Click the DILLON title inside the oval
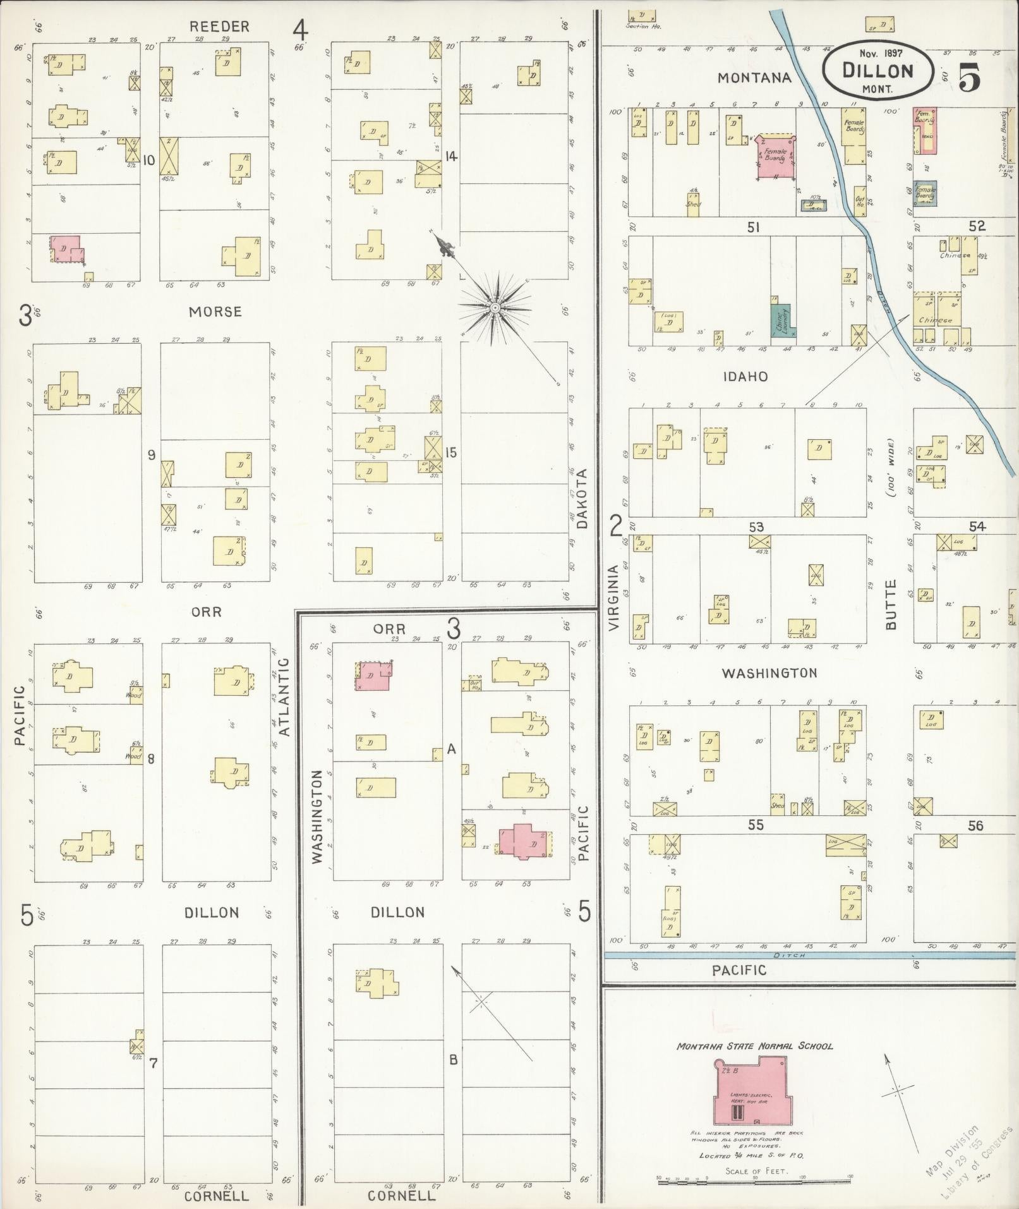tap(877, 70)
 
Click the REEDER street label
tap(220, 27)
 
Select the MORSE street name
tap(216, 312)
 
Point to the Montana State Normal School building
tap(751, 1093)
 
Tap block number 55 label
tap(756, 825)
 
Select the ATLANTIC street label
tap(284, 696)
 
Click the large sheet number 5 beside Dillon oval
tap(969, 78)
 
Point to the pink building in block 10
tap(66, 248)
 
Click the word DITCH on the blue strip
tap(789, 956)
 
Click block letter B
tap(452, 1060)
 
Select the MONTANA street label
tap(754, 77)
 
